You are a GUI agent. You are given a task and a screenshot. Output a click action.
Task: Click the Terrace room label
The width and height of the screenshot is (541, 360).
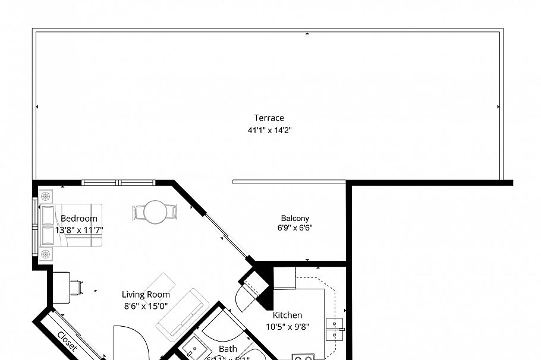[x=269, y=118]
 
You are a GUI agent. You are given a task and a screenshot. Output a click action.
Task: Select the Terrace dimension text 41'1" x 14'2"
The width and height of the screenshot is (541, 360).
[x=269, y=131]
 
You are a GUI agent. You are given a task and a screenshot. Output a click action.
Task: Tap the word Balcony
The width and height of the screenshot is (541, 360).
[x=294, y=218]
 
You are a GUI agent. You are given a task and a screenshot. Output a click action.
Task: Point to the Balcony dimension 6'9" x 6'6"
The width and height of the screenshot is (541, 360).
[x=294, y=228]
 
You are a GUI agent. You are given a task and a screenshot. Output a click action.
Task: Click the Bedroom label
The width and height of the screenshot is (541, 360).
[x=78, y=218]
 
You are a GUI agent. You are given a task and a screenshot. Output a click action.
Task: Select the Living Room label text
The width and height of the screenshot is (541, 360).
[x=146, y=295]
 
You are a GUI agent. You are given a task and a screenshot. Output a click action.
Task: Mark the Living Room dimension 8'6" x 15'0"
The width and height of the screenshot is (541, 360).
[x=146, y=307]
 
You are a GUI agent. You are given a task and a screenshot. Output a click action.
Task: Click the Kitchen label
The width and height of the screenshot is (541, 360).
[x=287, y=315]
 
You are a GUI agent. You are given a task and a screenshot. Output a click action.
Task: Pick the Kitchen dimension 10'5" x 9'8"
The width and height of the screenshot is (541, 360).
[x=287, y=326]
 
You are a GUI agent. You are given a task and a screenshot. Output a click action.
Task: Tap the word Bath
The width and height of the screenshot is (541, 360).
[x=228, y=349]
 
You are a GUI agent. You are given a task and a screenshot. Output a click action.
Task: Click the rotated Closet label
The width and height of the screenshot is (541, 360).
[x=67, y=342]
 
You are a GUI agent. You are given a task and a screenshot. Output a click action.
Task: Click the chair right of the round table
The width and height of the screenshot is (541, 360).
[x=171, y=211]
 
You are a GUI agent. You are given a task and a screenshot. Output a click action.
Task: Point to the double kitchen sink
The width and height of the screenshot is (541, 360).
[x=334, y=329]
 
